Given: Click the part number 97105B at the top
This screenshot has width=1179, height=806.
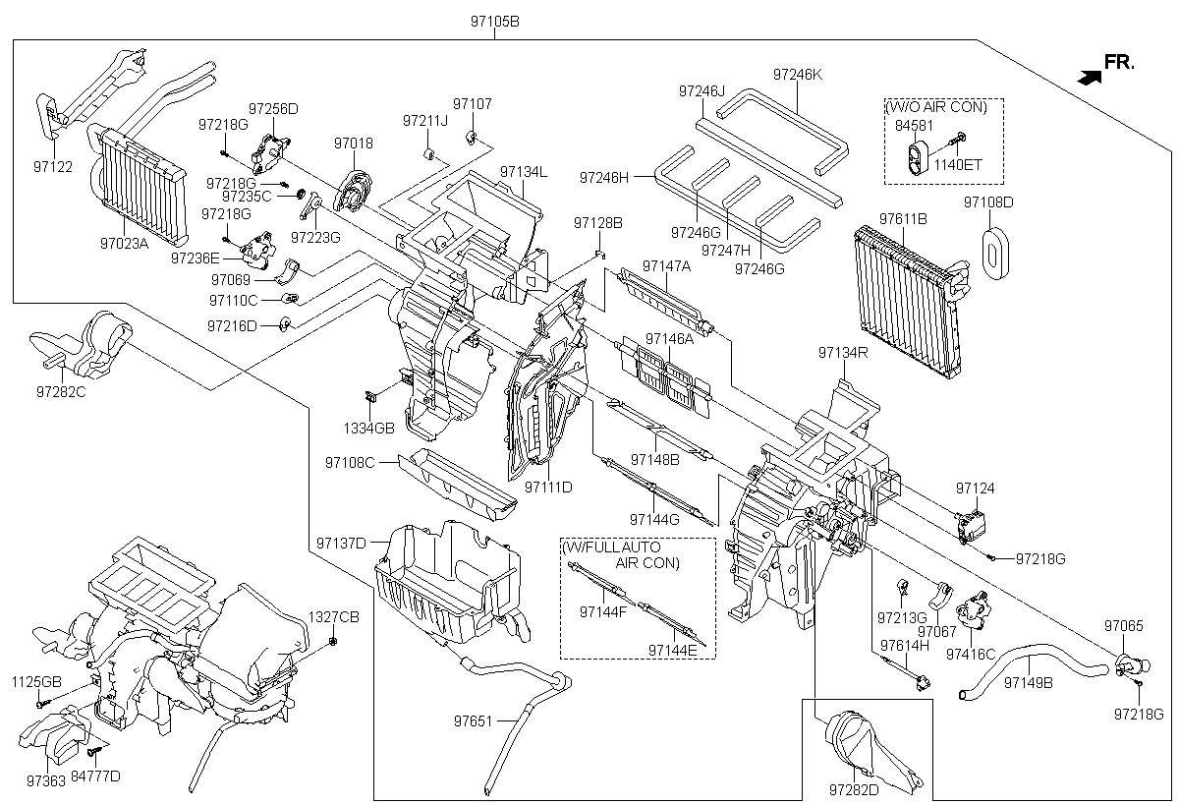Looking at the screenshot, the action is click(x=495, y=22).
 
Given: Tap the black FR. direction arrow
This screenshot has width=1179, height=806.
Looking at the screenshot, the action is click(x=1089, y=78).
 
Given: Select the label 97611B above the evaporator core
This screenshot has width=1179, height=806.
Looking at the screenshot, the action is click(x=903, y=218).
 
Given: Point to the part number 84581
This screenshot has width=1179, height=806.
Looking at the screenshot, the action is click(x=914, y=126).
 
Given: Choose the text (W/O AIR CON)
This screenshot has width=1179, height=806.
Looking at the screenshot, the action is click(x=935, y=107).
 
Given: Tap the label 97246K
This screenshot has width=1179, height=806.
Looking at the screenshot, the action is click(x=798, y=75).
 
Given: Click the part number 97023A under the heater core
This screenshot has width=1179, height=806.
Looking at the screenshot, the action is click(x=124, y=243).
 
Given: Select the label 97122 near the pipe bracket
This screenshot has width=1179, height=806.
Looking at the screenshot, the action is click(x=53, y=167).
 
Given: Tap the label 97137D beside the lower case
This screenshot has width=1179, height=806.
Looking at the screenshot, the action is click(x=341, y=543).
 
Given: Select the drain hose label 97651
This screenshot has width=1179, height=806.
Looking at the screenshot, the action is click(x=473, y=720).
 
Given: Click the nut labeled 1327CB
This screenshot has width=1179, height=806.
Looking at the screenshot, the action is click(x=333, y=641).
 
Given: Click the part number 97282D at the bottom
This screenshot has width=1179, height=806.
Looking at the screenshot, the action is click(x=854, y=789).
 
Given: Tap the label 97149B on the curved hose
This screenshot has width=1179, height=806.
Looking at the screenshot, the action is click(x=1029, y=683).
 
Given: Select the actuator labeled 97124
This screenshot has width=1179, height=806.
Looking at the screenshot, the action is click(x=971, y=527).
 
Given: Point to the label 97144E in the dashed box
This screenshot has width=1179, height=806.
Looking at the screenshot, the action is click(x=672, y=650).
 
